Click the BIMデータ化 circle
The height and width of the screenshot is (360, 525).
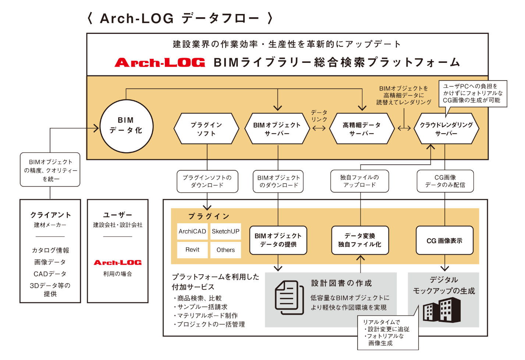126,126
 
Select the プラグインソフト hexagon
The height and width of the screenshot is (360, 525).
206,129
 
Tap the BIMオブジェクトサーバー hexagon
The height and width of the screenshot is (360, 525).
277,129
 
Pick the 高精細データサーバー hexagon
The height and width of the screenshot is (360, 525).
362,129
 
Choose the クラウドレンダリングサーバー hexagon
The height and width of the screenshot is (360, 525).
446,129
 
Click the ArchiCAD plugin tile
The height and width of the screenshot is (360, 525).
192,231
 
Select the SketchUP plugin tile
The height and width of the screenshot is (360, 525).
226,231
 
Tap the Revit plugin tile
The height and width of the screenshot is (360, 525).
192,250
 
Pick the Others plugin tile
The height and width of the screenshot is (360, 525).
226,250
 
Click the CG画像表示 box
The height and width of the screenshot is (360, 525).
444,240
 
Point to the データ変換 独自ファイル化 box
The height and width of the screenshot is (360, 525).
360,240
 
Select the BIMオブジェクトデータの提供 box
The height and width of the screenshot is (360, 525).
278,240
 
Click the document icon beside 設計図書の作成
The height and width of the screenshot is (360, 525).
290,297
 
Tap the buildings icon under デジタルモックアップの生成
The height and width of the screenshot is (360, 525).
441,310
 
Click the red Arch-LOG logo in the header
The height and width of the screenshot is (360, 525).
160,63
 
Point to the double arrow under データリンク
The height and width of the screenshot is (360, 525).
319,128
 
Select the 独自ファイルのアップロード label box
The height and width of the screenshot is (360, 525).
359,181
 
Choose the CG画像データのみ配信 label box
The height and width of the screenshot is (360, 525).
445,181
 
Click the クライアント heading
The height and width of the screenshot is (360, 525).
50,215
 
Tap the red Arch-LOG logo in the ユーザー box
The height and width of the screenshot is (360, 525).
118,263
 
